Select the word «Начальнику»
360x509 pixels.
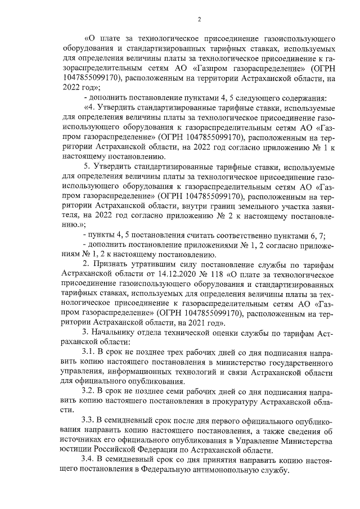(x=116, y=332)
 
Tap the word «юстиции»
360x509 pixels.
(x=80, y=450)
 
